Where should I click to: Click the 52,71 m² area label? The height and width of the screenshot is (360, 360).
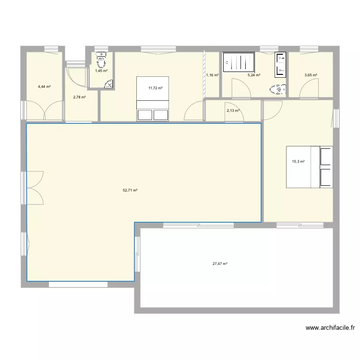[130, 190]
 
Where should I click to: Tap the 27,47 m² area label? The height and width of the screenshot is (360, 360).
[220, 264]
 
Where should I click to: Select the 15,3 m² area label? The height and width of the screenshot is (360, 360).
[299, 162]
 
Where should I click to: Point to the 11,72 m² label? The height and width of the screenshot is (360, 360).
[156, 88]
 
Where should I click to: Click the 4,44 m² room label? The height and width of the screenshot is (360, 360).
[44, 87]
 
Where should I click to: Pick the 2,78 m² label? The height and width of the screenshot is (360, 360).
[79, 97]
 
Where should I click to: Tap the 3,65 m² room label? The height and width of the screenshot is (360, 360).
[311, 75]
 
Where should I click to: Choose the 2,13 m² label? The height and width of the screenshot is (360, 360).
[233, 110]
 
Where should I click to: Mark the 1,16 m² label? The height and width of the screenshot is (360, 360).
[212, 75]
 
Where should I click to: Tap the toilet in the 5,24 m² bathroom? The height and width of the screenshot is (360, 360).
[278, 89]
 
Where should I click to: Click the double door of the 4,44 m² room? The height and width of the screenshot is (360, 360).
[44, 111]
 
